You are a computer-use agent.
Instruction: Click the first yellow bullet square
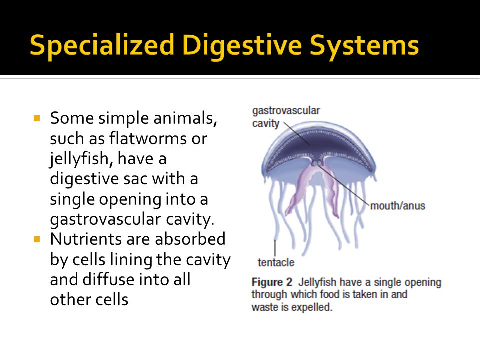37,119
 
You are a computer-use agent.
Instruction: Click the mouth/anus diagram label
398,206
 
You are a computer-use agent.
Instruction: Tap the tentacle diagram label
276,262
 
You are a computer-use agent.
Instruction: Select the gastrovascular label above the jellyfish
286,110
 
